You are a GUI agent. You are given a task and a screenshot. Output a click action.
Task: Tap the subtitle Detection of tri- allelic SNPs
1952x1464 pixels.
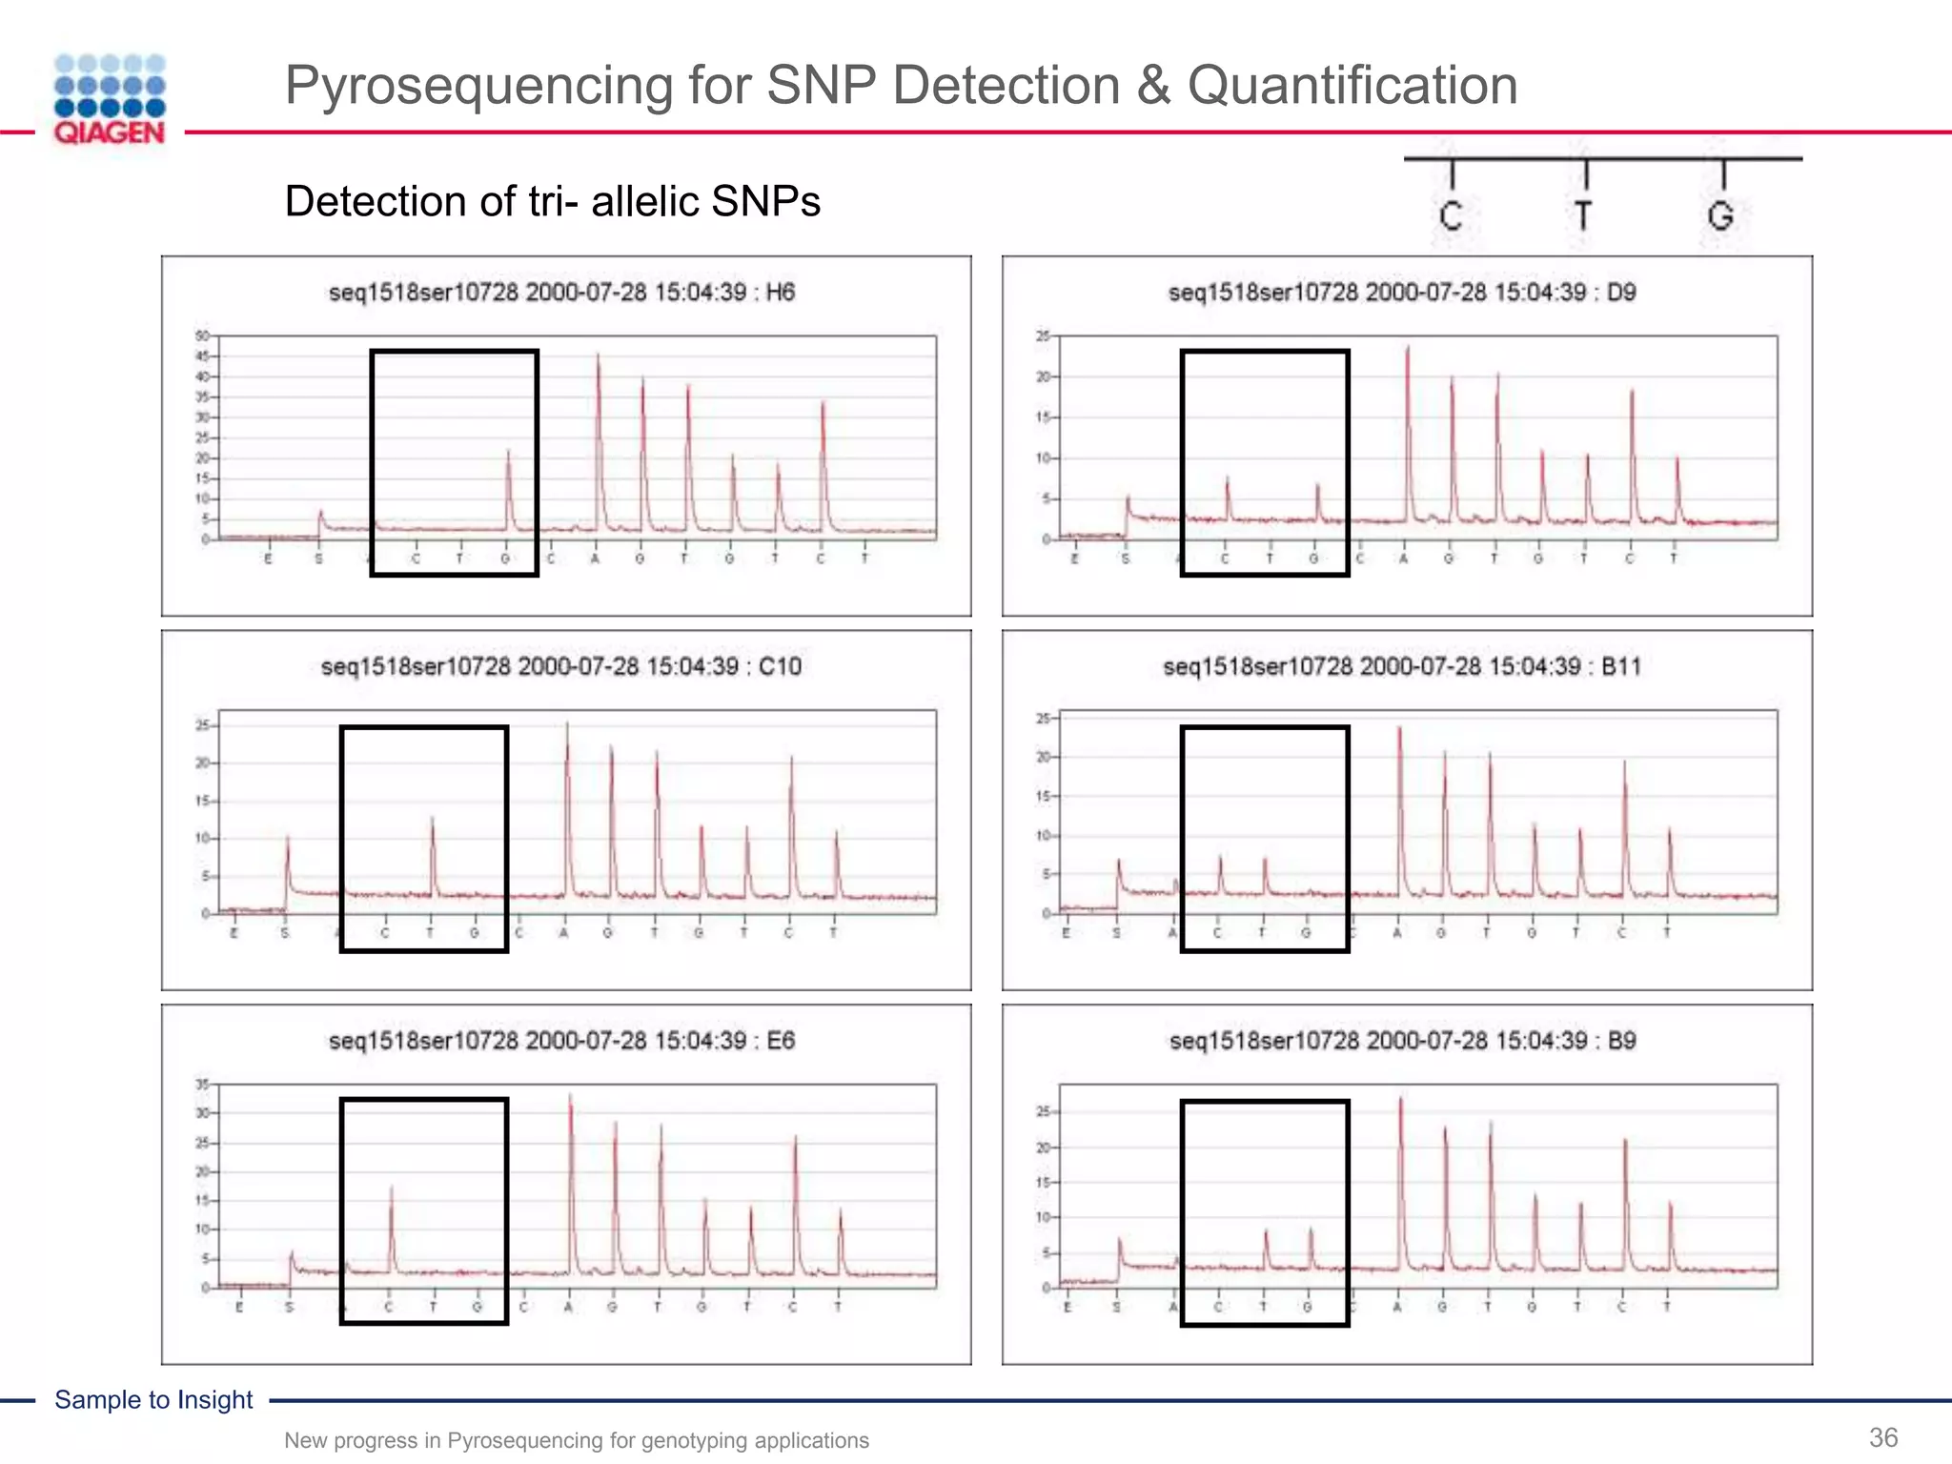coord(552,202)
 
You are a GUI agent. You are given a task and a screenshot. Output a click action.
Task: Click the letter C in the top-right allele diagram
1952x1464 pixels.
coord(1451,215)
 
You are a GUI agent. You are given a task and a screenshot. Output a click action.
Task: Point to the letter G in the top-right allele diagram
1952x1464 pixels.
coord(1720,215)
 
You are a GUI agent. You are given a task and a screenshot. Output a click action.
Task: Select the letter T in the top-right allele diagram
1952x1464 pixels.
coord(1583,215)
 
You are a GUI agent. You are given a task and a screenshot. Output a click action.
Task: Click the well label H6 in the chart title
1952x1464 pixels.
coord(780,293)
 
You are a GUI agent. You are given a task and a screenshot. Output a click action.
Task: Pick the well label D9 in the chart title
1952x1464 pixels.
coord(1621,293)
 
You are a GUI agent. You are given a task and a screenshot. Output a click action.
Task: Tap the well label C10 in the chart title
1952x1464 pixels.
coord(780,666)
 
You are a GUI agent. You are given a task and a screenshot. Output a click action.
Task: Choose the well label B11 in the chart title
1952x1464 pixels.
coord(1621,666)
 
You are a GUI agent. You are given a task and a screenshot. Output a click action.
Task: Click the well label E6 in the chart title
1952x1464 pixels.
coord(781,1041)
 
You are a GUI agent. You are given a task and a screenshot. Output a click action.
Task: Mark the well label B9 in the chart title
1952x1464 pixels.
coord(1621,1041)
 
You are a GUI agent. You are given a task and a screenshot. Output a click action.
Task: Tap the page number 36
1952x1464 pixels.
coord(1883,1437)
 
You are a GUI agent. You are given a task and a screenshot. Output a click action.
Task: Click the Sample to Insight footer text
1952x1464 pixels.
coord(153,1399)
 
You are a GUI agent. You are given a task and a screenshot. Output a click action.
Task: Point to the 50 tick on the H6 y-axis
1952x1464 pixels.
coord(201,335)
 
